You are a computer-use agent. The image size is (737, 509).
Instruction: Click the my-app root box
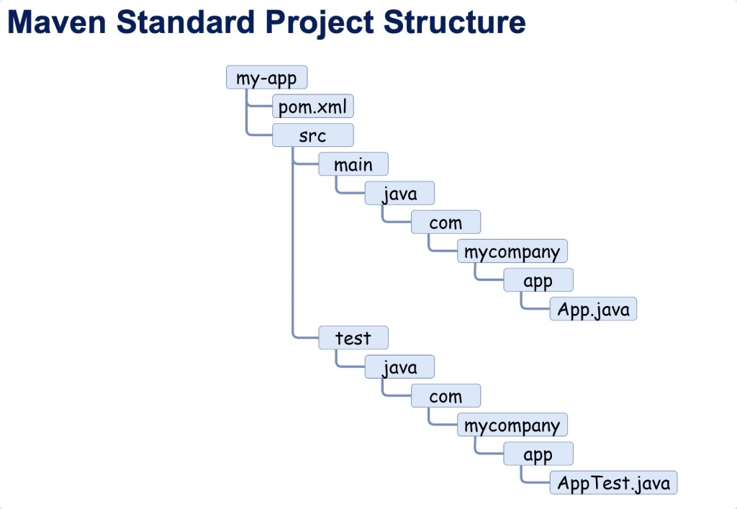[x=266, y=78]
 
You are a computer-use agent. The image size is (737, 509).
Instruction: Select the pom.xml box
[x=313, y=107]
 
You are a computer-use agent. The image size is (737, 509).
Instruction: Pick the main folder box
[x=353, y=164]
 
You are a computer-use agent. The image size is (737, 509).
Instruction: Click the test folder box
[x=353, y=338]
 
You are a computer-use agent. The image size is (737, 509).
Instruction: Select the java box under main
[x=399, y=194]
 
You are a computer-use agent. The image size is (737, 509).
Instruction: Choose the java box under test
[x=399, y=367]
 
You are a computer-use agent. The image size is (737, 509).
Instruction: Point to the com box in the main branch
[x=446, y=222]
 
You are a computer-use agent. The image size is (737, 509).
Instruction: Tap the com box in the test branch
[x=446, y=396]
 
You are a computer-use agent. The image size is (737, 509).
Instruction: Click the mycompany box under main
[x=512, y=251]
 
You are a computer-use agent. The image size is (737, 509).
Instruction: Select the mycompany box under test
[x=512, y=425]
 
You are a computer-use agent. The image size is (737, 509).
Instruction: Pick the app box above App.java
[x=538, y=280]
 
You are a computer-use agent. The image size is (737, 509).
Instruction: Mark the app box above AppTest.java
[x=538, y=454]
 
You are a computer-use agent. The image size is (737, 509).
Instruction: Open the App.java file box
[x=593, y=310]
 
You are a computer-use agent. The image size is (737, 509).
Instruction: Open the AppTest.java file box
[x=613, y=483]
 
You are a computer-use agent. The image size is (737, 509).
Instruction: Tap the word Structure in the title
[x=455, y=23]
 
